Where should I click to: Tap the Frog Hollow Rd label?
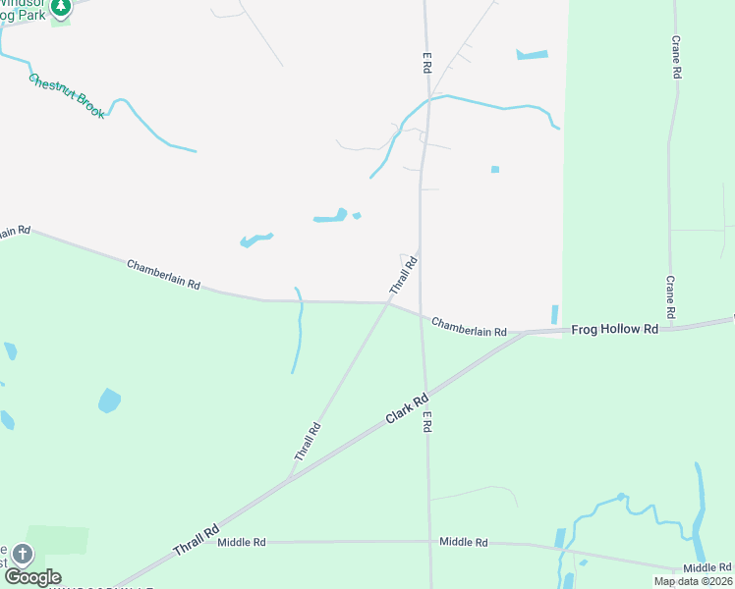tap(614, 330)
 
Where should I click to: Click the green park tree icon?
tap(60, 8)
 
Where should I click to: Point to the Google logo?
tap(32, 577)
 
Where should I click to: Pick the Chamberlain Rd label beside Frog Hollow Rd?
tap(469, 327)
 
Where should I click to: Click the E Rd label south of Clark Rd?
tap(428, 422)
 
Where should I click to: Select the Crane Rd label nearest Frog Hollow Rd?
tap(670, 296)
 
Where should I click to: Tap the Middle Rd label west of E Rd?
tap(242, 542)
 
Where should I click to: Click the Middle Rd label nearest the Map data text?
tap(707, 567)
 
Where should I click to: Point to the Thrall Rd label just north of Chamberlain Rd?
tap(404, 276)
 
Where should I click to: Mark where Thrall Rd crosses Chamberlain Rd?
tap(389, 303)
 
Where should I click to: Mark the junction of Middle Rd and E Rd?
tap(429, 542)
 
